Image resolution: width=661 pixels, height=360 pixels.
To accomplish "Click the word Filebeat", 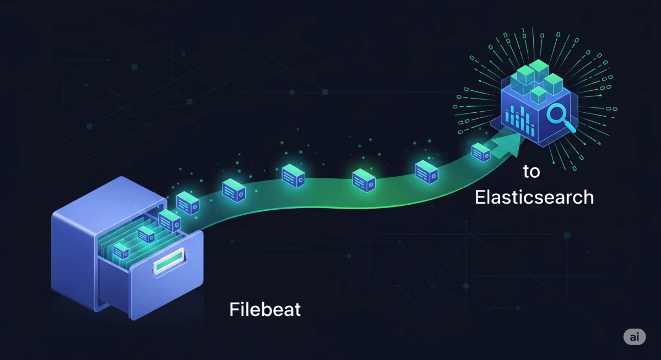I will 265,309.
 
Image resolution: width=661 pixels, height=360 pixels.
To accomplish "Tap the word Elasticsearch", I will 534,197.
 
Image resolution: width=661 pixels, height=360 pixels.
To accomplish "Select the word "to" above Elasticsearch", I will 532,172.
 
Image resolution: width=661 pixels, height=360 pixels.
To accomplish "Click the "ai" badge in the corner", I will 635,337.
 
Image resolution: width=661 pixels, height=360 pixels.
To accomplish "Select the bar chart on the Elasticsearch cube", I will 521,118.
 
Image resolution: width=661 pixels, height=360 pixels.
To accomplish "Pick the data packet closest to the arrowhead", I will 481,152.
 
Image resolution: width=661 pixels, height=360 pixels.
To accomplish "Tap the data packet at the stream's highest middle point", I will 294,176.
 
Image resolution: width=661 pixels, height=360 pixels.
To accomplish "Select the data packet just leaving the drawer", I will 188,202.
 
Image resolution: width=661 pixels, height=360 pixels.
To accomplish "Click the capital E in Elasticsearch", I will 480,197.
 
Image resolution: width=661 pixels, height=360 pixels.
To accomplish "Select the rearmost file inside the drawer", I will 170,220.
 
